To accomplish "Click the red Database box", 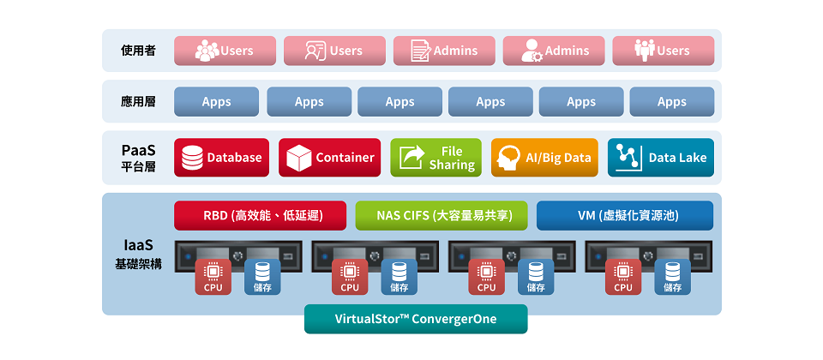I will tap(221, 158).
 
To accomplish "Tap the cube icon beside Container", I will tap(298, 158).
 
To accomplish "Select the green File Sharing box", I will tap(436, 158).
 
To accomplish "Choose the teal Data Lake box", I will tap(660, 158).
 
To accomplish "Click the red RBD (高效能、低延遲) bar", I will tap(260, 215).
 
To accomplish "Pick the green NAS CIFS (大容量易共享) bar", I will tap(441, 215).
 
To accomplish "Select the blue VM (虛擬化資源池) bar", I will tap(624, 215).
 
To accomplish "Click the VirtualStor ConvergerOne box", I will tap(416, 319).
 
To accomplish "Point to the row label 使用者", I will tap(138, 51).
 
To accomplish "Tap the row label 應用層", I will tap(138, 101).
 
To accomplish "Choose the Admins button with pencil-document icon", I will tap(444, 51).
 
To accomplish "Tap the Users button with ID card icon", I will tap(334, 51).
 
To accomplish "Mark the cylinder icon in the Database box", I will tap(193, 158).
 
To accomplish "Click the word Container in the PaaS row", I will tap(345, 158).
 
